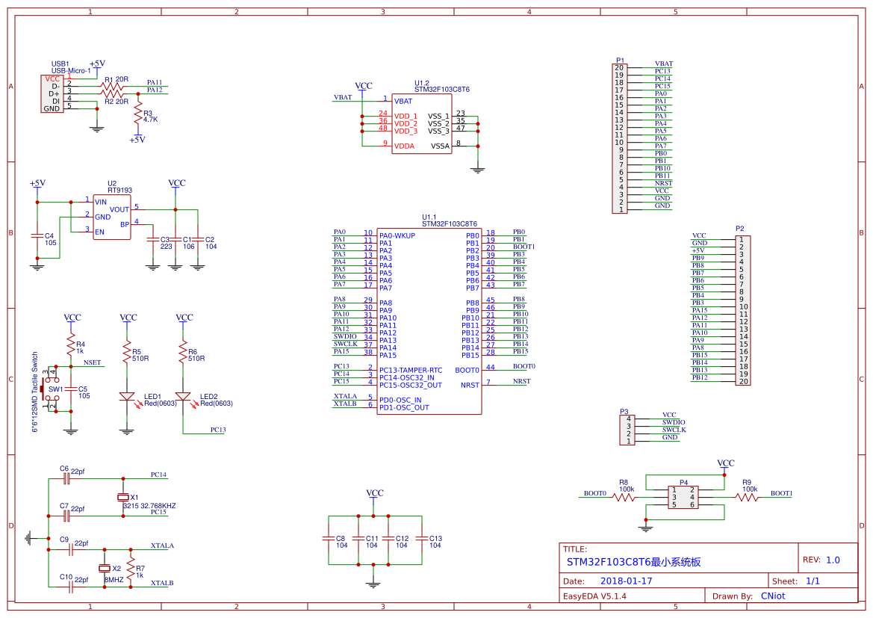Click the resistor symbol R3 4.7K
[x=137, y=116]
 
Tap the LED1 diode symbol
[x=127, y=397]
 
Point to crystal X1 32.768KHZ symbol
[x=124, y=497]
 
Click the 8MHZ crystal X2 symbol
[x=105, y=569]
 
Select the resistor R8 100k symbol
[x=624, y=497]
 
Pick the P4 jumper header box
[x=684, y=497]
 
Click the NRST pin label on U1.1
[x=470, y=385]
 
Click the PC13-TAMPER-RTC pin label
[x=410, y=370]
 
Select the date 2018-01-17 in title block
[x=626, y=581]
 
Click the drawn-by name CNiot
[x=772, y=596]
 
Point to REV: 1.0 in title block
[x=821, y=560]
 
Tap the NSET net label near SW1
[x=92, y=362]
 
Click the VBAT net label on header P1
[x=663, y=64]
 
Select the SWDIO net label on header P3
[x=673, y=422]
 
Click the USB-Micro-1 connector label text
[x=71, y=70]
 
